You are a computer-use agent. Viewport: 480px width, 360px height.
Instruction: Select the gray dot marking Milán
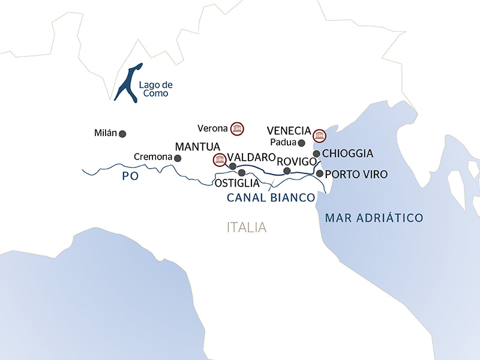122,134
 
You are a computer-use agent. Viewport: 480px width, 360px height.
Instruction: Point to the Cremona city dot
177,158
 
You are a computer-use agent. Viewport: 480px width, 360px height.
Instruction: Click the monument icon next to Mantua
220,160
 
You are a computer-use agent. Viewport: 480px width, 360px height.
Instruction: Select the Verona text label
212,128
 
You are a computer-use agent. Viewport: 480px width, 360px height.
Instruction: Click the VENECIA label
289,131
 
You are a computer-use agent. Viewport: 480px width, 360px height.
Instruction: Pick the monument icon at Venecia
320,134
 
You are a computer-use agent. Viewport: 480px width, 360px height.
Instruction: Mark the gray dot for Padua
302,143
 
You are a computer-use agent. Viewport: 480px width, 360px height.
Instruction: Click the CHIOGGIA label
348,154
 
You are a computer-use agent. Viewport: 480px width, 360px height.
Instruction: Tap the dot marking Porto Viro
320,173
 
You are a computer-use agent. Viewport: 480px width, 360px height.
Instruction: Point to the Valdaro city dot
232,166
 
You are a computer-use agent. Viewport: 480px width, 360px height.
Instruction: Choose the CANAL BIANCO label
271,197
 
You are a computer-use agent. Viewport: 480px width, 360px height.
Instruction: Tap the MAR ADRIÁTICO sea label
374,217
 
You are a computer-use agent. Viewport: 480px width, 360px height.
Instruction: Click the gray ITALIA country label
247,228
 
